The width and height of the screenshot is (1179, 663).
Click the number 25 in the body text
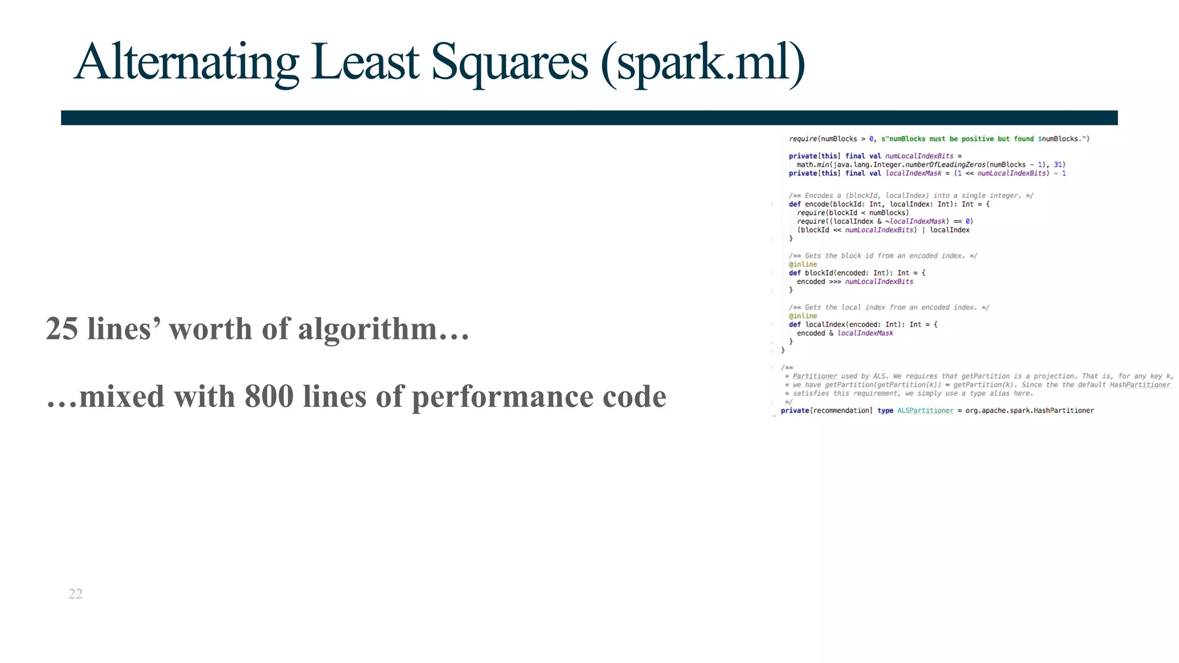[62, 329]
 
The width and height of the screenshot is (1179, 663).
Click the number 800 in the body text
[269, 397]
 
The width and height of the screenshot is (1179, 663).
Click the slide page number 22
[75, 594]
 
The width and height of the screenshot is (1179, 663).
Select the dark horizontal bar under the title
[589, 117]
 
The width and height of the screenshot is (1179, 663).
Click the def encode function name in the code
[817, 204]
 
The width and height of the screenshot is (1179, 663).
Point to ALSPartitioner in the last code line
[925, 410]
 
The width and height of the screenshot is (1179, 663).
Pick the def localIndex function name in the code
[824, 325]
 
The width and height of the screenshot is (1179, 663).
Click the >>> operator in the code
[835, 281]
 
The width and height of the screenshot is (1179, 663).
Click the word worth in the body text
[210, 329]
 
